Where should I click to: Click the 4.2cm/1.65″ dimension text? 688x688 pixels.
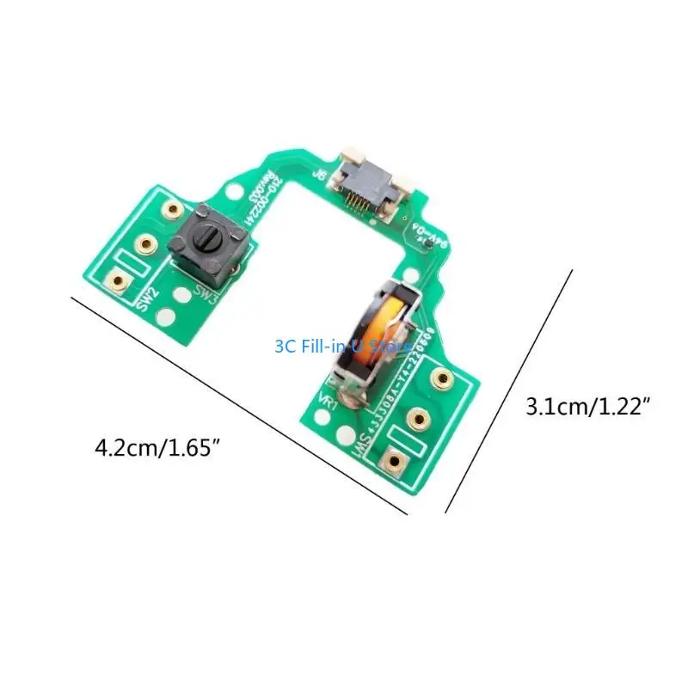[163, 448]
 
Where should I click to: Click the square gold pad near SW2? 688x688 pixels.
[119, 280]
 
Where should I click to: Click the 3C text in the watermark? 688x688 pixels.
[285, 347]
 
